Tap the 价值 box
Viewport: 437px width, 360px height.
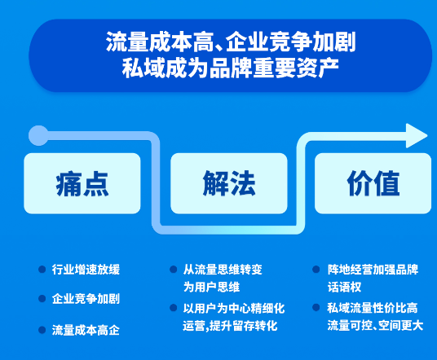tap(373, 184)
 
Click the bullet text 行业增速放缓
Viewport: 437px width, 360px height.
tap(85, 269)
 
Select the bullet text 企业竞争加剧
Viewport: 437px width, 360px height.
tap(85, 298)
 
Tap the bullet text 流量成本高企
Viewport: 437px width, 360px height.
tap(85, 330)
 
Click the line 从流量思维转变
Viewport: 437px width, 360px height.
tap(222, 269)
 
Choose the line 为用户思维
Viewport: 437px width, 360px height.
tap(210, 287)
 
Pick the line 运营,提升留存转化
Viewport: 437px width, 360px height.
tap(230, 326)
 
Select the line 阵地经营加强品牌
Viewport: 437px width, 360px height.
tap(373, 269)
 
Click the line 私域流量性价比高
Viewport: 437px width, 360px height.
tap(373, 308)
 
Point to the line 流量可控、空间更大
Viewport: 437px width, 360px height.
tap(375, 326)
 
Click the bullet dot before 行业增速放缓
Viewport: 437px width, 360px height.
tap(42, 269)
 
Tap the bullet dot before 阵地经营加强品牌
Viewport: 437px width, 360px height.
tap(317, 269)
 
